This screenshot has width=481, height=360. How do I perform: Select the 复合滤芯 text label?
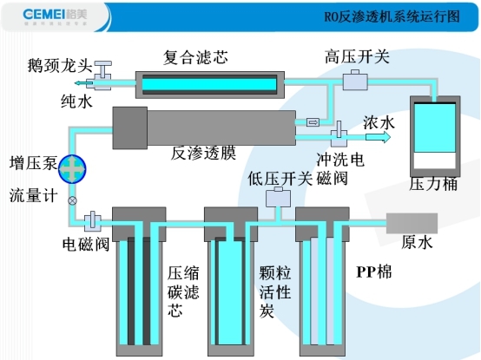[195, 57]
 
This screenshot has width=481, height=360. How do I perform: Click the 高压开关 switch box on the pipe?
[356, 82]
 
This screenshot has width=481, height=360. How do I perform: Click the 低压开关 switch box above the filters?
[279, 199]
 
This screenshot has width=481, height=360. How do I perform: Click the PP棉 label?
[374, 272]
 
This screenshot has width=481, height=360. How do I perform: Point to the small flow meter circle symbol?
[73, 200]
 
